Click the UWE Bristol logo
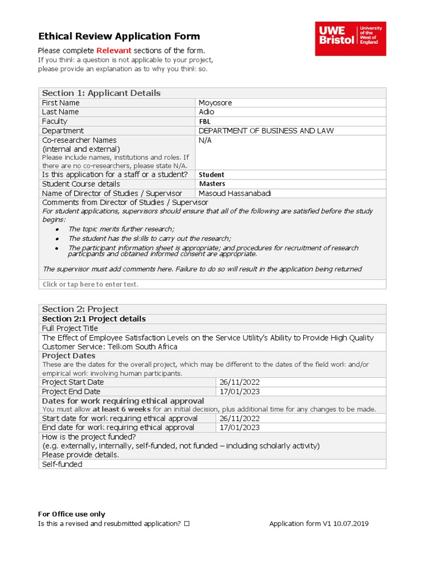click(x=350, y=39)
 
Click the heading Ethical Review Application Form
click(x=119, y=37)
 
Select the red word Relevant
click(x=114, y=51)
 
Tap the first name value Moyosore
click(x=215, y=103)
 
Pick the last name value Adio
click(x=206, y=112)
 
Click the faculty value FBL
click(x=205, y=121)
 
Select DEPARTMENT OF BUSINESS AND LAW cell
click(x=266, y=131)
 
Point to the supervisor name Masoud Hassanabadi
click(x=235, y=193)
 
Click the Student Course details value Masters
click(x=212, y=184)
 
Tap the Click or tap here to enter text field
click(x=91, y=284)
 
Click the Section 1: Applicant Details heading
click(x=101, y=93)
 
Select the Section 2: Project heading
click(x=80, y=309)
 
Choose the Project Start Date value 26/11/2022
click(x=239, y=382)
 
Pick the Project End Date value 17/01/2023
click(x=239, y=391)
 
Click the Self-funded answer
click(x=62, y=464)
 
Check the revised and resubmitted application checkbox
click(x=186, y=523)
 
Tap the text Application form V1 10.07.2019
click(x=319, y=523)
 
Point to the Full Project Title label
click(x=70, y=328)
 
